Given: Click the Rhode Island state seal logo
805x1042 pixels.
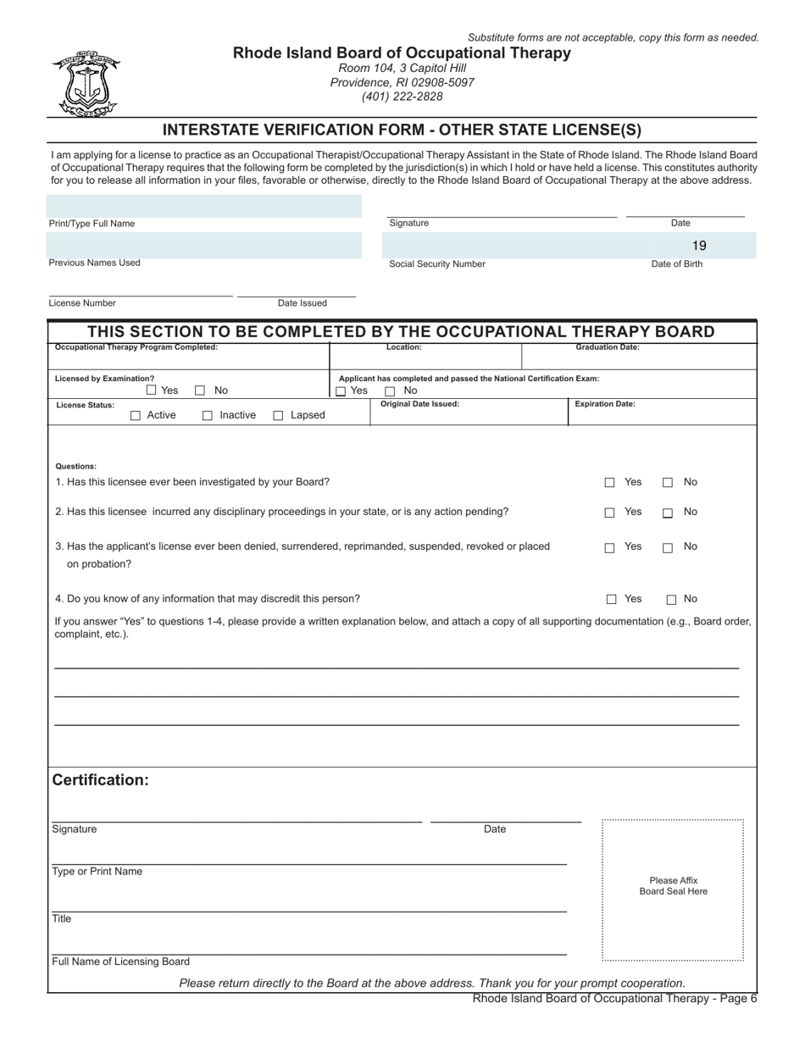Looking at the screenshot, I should point(86,84).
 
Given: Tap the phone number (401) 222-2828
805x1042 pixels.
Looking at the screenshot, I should point(402,97).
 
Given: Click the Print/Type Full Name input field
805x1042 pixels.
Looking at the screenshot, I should point(203,206).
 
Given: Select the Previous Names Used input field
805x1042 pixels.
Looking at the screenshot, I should point(203,245).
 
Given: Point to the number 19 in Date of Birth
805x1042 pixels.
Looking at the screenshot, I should point(699,246).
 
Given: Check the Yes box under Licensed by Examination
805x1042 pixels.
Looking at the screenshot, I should point(152,391).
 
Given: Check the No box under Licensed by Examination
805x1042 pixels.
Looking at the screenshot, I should point(201,391).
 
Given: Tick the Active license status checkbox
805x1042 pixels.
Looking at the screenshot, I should point(136,416).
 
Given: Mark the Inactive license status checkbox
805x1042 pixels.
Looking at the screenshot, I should point(208,416).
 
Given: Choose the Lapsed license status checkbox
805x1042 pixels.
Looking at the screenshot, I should point(278,416).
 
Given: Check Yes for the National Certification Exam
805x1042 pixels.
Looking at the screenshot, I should point(341,391).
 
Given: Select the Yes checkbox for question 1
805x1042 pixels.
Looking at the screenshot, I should point(609,483).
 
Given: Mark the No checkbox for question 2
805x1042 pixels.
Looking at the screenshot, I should point(668,513).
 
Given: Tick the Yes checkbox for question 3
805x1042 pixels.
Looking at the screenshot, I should point(609,548).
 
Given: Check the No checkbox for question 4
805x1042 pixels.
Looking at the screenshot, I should point(671,600).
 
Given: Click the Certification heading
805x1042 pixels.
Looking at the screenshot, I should point(101,780).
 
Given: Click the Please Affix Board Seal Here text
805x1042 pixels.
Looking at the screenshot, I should point(673,886).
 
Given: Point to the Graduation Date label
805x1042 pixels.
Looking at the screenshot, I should point(608,347).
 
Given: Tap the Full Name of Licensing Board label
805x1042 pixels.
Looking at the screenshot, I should point(121,962).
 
